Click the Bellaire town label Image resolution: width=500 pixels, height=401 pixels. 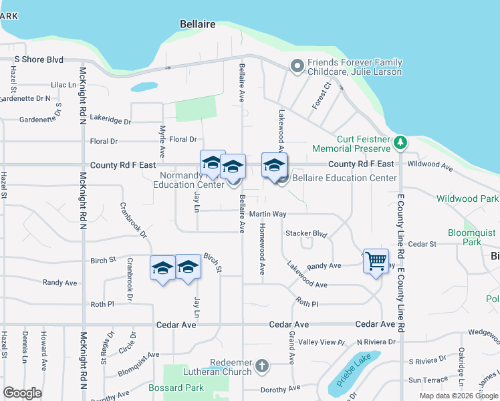pyautogui.click(x=198, y=24)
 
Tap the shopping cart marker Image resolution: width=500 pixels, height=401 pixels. pyautogui.click(x=376, y=259)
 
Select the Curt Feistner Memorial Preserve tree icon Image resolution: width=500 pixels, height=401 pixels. pyautogui.click(x=400, y=142)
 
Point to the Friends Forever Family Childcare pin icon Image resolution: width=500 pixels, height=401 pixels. pyautogui.click(x=297, y=65)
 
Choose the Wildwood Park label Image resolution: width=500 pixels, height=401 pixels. pyautogui.click(x=467, y=198)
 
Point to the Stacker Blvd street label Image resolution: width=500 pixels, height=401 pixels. pyautogui.click(x=305, y=234)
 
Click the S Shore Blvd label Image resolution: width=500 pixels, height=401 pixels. pyautogui.click(x=39, y=59)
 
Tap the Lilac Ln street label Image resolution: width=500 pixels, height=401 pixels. pyautogui.click(x=64, y=86)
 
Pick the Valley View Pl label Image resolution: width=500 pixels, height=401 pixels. pyautogui.click(x=321, y=342)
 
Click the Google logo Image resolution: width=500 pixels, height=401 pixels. pyautogui.click(x=23, y=393)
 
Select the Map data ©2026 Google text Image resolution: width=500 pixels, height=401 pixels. pyautogui.click(x=458, y=396)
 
